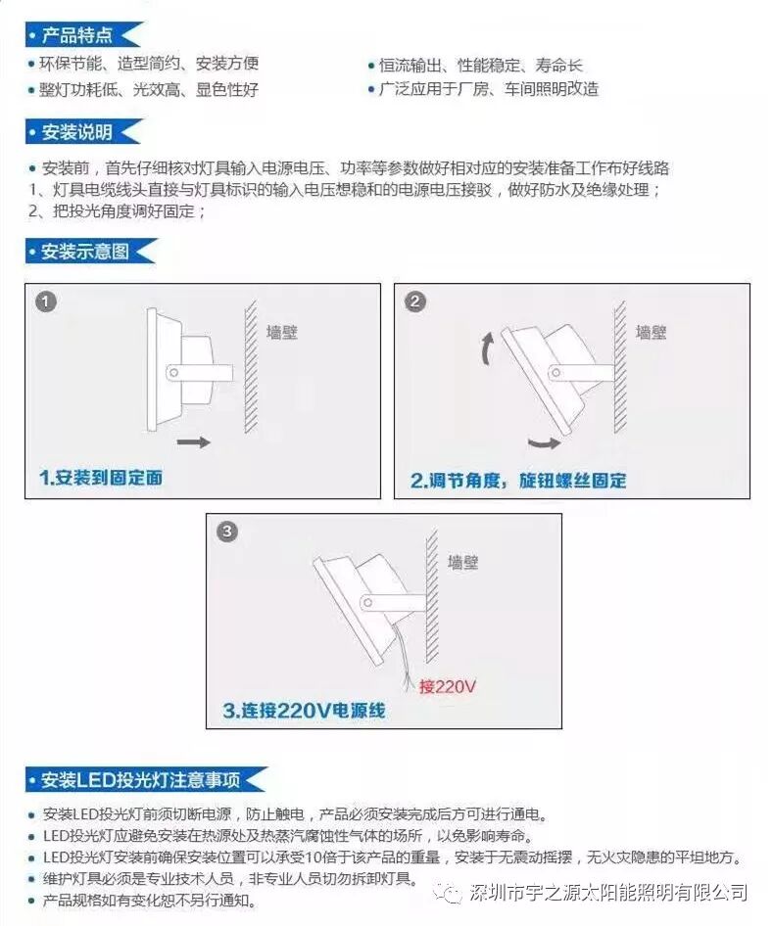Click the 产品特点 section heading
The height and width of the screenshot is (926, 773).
(76, 35)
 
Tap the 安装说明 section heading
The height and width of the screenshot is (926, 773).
(76, 132)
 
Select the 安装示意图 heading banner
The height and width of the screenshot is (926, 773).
(85, 252)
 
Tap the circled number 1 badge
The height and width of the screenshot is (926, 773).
(46, 301)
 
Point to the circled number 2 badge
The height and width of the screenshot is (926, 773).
(414, 301)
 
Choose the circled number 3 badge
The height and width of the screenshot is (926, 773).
(227, 531)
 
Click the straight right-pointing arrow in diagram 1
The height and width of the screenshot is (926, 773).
(194, 441)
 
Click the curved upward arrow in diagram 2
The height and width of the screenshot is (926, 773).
(486, 348)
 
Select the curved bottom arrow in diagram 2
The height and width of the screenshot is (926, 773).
(545, 442)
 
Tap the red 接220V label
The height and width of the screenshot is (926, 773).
(448, 686)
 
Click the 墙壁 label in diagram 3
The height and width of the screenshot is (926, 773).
(462, 562)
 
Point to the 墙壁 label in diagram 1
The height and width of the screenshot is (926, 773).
(282, 333)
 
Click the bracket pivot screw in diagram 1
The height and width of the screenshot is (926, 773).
(173, 373)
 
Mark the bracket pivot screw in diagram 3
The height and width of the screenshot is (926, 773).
(367, 603)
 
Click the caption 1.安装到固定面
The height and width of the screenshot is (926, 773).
(101, 478)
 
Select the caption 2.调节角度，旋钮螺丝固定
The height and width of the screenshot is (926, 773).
(518, 481)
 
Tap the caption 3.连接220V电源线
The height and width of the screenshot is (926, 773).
(305, 710)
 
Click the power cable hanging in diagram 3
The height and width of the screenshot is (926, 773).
(405, 659)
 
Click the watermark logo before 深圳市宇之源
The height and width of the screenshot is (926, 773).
(449, 892)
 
